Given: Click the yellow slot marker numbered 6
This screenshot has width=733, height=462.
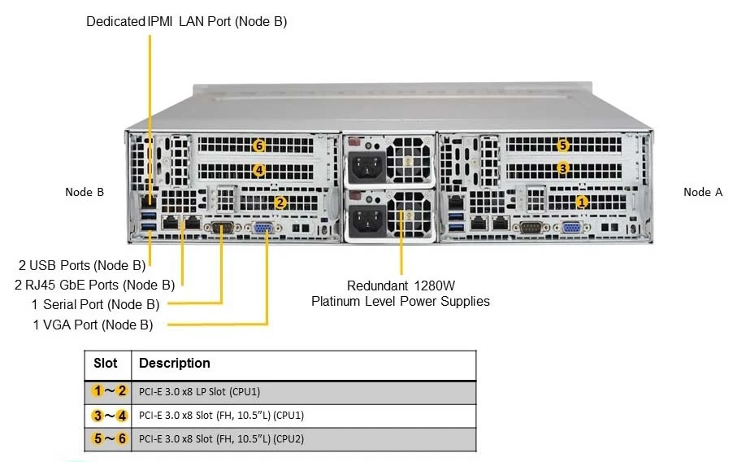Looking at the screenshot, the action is coord(258,146).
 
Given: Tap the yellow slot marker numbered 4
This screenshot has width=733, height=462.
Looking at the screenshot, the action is coord(258,170).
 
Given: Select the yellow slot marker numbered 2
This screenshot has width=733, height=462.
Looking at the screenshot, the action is coord(280,203).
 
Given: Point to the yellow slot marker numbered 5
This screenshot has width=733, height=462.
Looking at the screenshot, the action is coord(563,146).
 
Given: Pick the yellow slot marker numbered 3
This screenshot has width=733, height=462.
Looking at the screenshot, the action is coord(563,168).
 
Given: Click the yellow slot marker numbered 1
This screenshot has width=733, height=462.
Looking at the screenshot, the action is coord(582,203).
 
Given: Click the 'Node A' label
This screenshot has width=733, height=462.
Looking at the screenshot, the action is coord(703,192).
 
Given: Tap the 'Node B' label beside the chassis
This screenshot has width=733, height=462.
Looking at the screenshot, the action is coord(85,192).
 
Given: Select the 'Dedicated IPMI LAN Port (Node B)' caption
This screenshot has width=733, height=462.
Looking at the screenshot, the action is coord(187,21).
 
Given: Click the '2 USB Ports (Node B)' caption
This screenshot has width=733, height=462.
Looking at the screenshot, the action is coord(82,265).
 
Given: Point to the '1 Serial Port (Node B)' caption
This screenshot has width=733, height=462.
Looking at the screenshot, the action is coord(95,305).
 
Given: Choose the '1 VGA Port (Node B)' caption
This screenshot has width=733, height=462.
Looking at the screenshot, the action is coord(93,325).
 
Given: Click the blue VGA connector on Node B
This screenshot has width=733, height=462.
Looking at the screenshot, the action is coord(262,229).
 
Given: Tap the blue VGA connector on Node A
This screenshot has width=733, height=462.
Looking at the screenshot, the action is coord(570,229).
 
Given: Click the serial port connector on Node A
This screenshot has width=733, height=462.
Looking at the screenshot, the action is coord(531,228).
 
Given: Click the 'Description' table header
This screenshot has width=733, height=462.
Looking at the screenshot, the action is coord(175,364).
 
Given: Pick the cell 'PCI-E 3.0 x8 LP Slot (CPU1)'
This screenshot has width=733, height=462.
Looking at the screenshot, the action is coord(200,392).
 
